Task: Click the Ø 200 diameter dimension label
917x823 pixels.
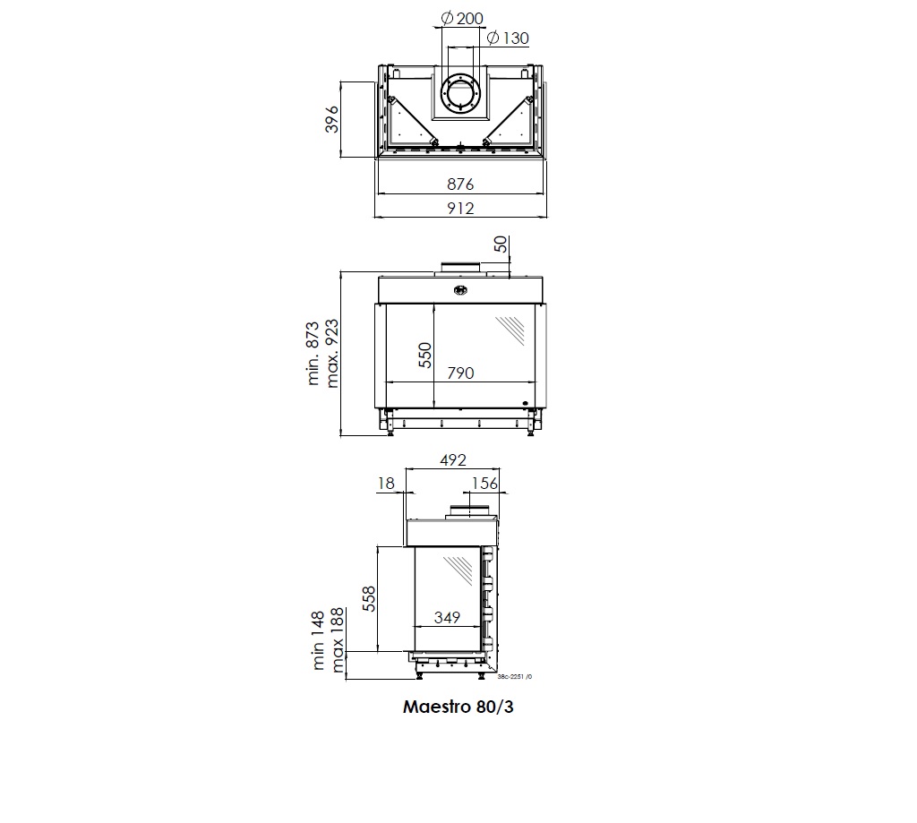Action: click(462, 19)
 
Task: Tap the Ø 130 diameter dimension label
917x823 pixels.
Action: click(508, 39)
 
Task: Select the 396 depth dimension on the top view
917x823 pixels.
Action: click(331, 119)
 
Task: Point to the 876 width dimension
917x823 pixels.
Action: click(460, 184)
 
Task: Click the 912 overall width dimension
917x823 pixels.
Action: click(460, 209)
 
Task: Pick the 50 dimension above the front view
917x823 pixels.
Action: click(501, 244)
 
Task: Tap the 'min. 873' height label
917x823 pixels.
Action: click(313, 354)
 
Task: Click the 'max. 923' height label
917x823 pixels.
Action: click(331, 354)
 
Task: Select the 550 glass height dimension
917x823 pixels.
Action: click(425, 355)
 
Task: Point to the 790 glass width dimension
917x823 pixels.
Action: click(460, 373)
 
